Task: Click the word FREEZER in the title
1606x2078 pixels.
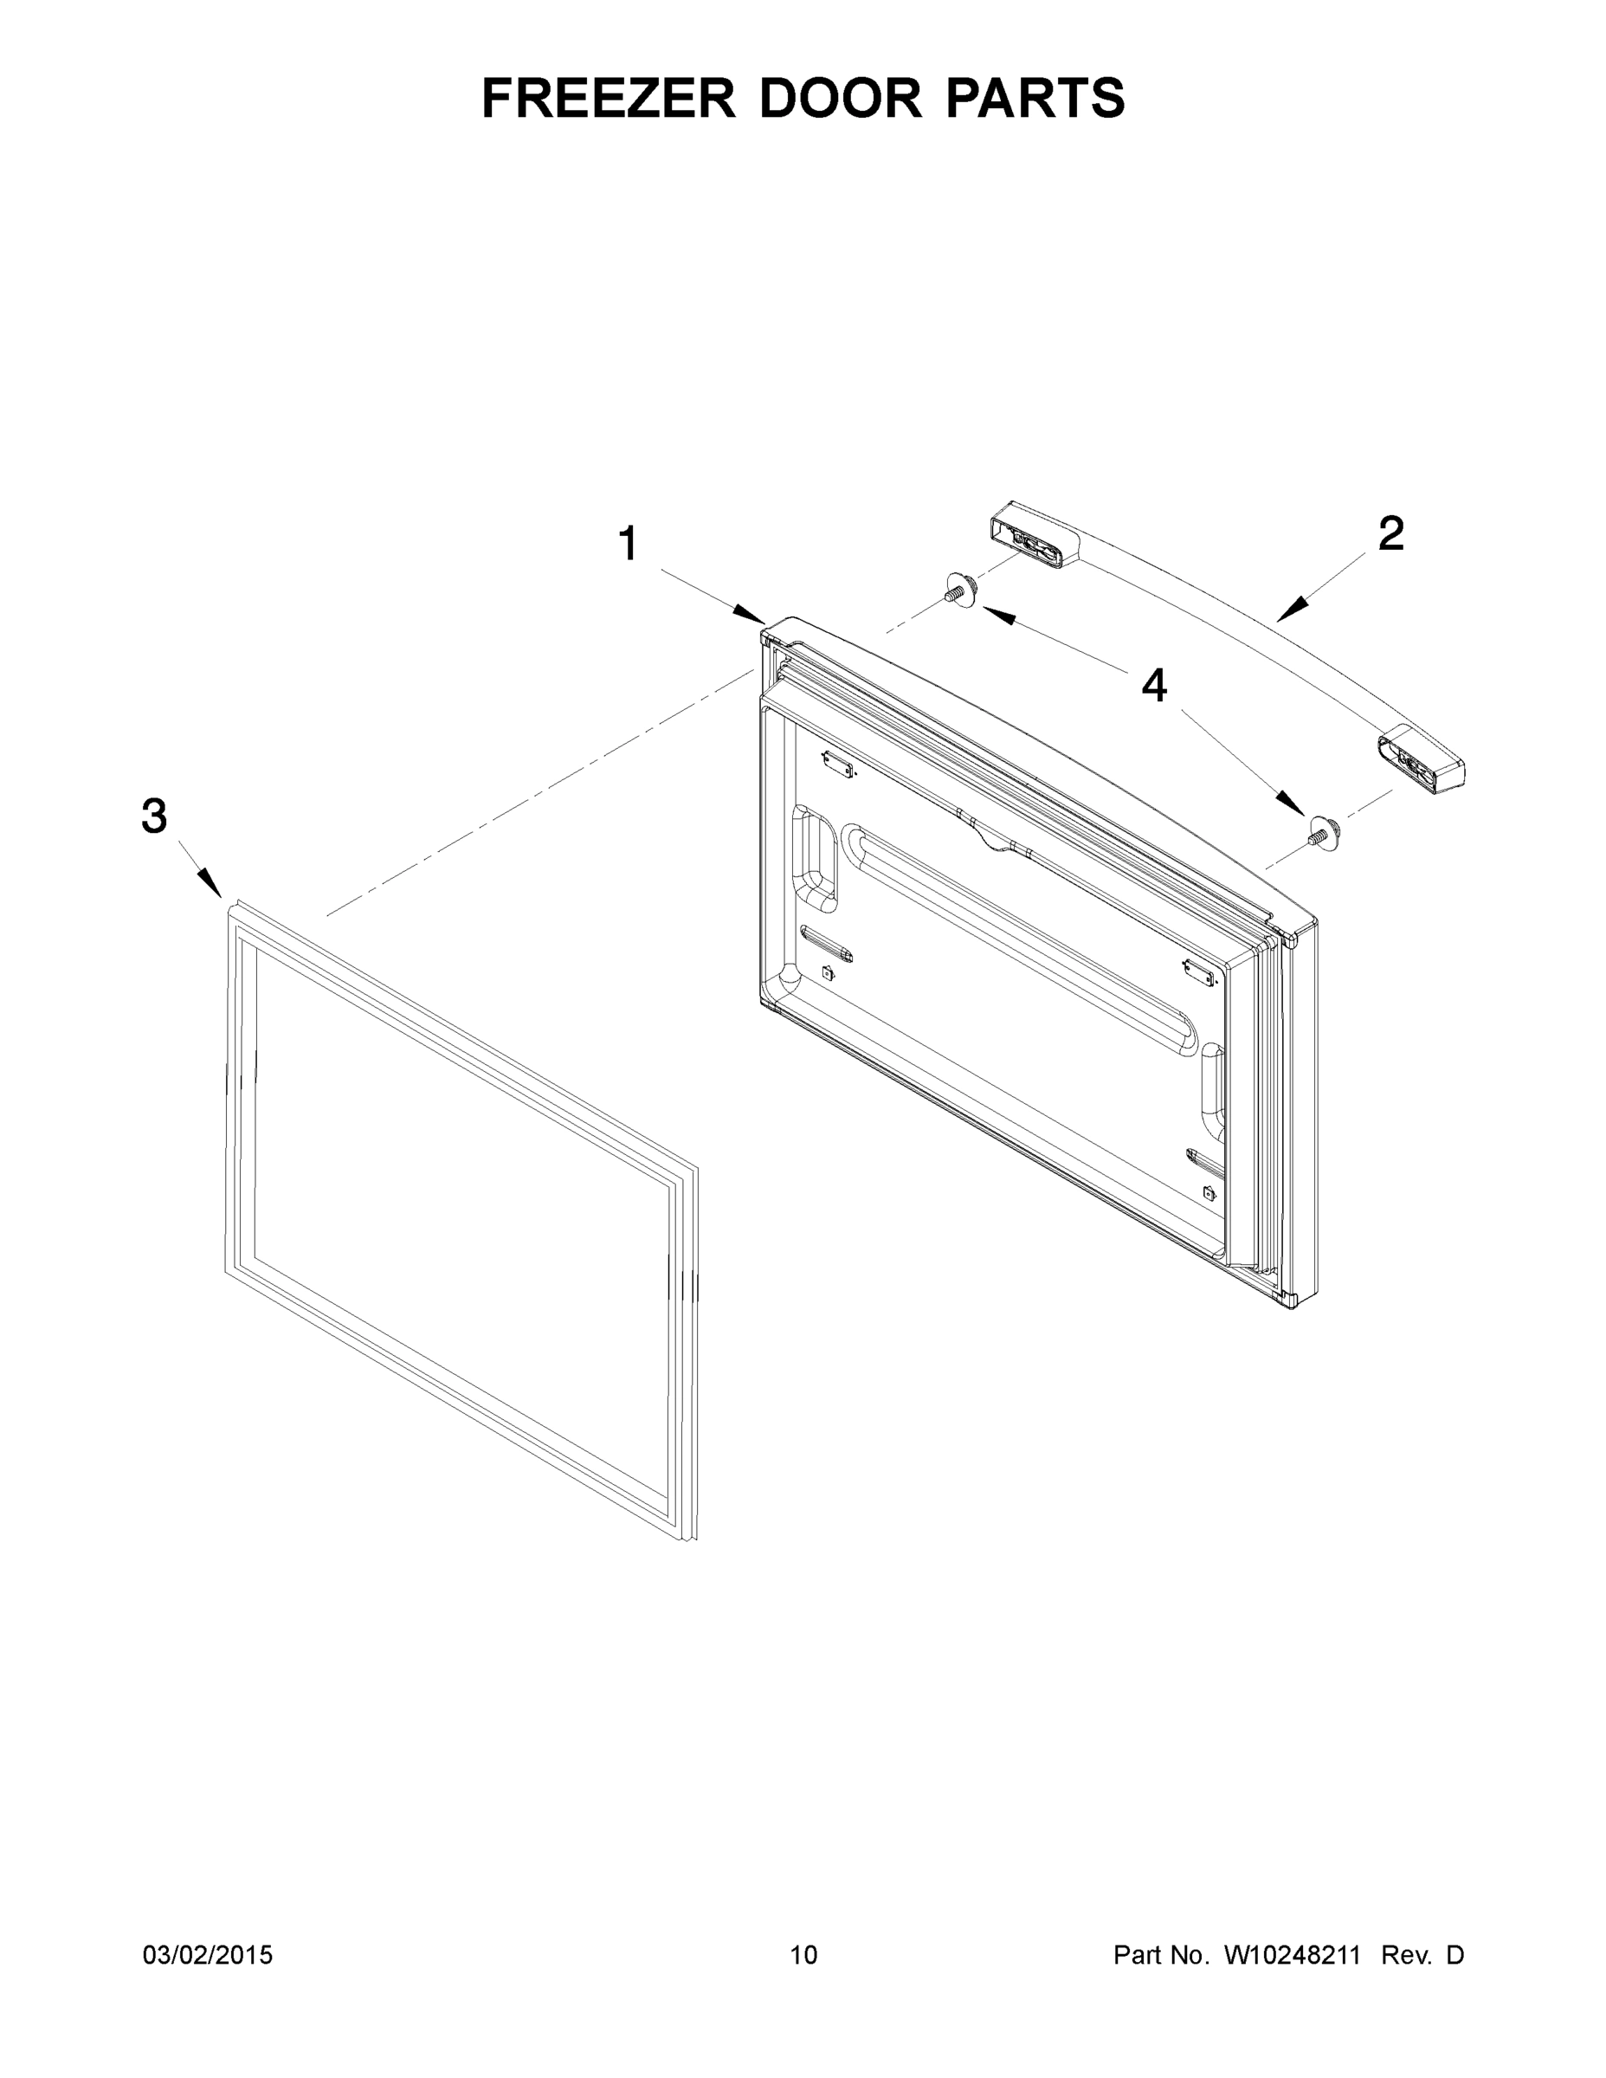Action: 608,98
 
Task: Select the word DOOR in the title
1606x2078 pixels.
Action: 840,98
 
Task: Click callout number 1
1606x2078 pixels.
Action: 627,545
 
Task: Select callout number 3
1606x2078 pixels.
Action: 154,816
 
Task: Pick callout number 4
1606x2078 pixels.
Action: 1154,686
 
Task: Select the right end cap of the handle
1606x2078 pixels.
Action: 1419,762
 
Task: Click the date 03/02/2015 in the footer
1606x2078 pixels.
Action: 208,1955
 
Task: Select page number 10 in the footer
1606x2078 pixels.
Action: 803,1955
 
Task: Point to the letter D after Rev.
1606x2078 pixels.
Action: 1454,1955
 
